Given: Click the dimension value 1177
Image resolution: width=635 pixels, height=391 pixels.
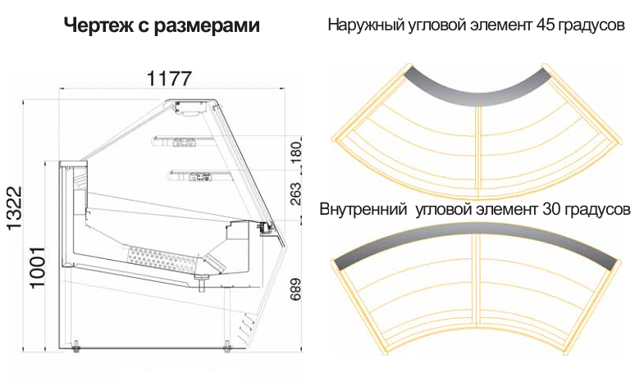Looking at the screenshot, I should point(170,79).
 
